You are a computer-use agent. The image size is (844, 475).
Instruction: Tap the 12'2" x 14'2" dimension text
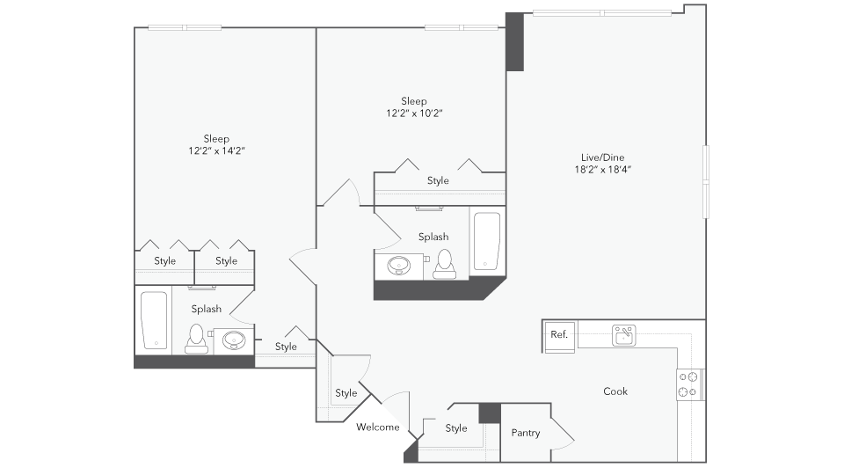click(x=216, y=150)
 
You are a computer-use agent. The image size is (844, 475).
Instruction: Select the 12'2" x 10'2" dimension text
click(x=413, y=113)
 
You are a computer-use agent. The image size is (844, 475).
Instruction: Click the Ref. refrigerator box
click(x=559, y=334)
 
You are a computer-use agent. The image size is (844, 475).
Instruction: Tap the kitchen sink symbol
click(x=624, y=335)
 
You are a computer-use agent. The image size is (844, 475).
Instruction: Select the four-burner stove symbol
click(x=688, y=384)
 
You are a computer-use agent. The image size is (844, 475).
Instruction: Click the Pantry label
click(x=526, y=433)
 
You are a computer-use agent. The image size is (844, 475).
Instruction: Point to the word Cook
click(x=615, y=391)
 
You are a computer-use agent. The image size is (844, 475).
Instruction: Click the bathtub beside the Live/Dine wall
click(x=486, y=241)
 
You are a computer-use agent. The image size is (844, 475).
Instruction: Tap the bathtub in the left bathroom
click(x=154, y=321)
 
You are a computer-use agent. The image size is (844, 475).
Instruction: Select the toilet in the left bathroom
click(x=195, y=338)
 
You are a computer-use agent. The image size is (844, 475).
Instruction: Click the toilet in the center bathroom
click(x=444, y=263)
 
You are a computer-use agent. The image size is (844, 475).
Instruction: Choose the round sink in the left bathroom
click(x=235, y=340)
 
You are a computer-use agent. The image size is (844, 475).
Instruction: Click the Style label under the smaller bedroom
click(x=438, y=181)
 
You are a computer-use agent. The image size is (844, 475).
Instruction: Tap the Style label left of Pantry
click(x=455, y=428)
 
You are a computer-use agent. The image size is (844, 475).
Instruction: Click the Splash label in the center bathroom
click(x=433, y=237)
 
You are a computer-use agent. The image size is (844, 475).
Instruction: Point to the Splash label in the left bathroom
click(x=206, y=309)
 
